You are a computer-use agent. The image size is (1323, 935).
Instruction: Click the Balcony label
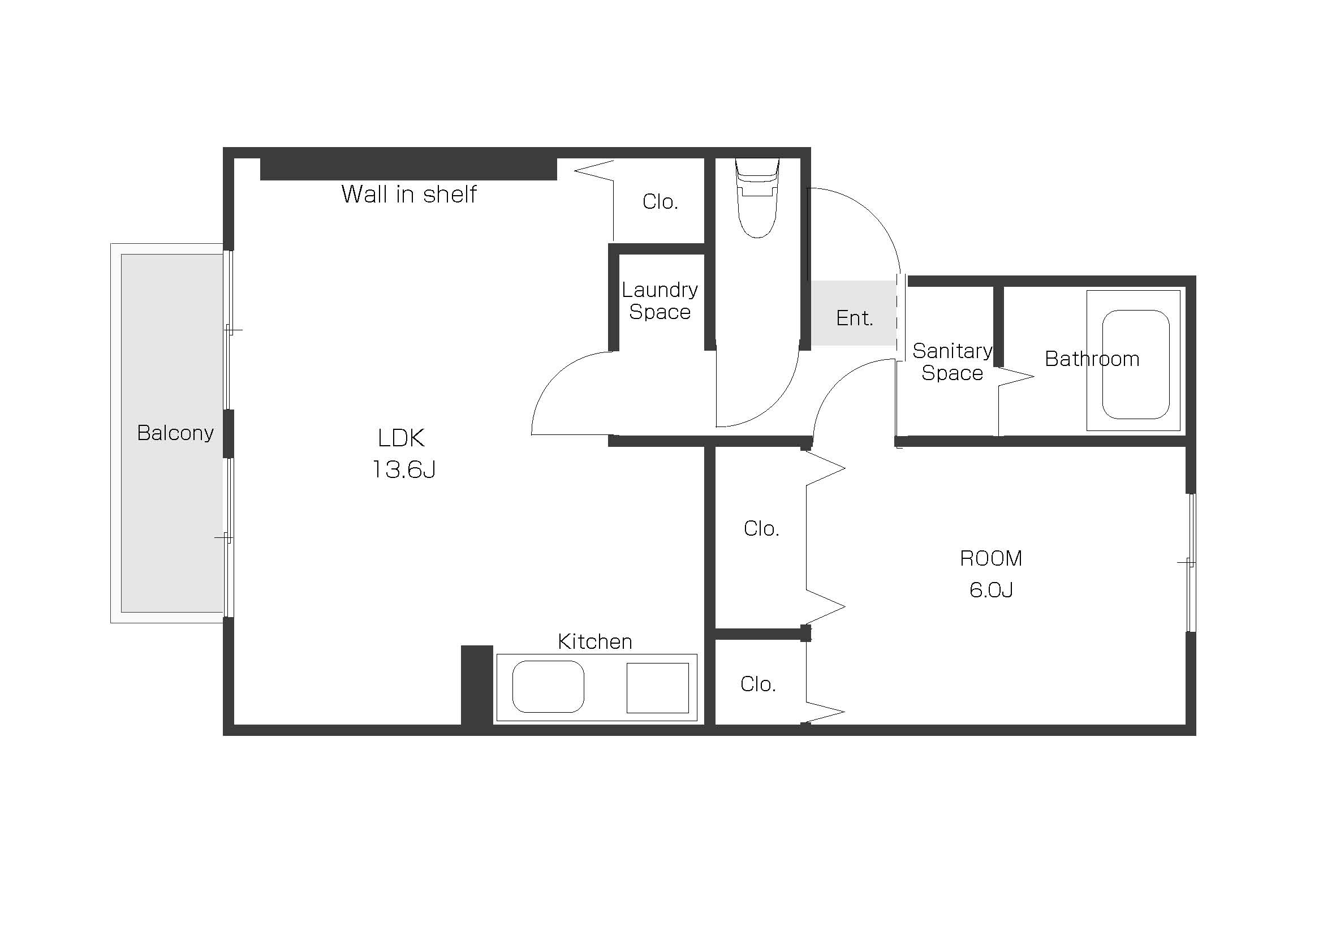coord(175,433)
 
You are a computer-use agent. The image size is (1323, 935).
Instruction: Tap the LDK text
coord(401,438)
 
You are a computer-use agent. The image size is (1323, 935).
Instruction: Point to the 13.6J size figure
coord(403,469)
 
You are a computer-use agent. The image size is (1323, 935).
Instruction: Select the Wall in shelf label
coord(408,194)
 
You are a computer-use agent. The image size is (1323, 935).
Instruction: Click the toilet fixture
coord(757,197)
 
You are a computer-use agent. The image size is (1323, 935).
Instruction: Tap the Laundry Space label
coord(660,300)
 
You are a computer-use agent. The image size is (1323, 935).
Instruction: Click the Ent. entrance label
coord(855,318)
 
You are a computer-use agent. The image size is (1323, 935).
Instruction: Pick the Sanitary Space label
coord(953,362)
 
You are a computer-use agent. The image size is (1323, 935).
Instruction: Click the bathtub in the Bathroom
coord(1135,364)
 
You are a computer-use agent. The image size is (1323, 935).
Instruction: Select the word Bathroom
coord(1092,359)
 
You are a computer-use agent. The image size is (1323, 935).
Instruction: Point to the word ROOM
coord(991,558)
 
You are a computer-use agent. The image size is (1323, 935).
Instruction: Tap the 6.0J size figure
coord(991,590)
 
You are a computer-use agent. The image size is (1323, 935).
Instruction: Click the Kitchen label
coord(594,642)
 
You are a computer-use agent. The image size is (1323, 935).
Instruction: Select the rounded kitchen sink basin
coord(548,686)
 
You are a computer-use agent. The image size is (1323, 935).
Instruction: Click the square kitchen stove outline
coord(657,688)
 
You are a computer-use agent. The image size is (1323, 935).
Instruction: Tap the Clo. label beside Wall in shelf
coord(660,201)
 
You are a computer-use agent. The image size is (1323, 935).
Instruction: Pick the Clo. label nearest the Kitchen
coord(758,684)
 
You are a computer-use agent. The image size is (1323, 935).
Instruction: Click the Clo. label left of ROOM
coord(761,528)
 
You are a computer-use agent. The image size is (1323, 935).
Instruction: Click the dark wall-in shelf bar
coord(408,169)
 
